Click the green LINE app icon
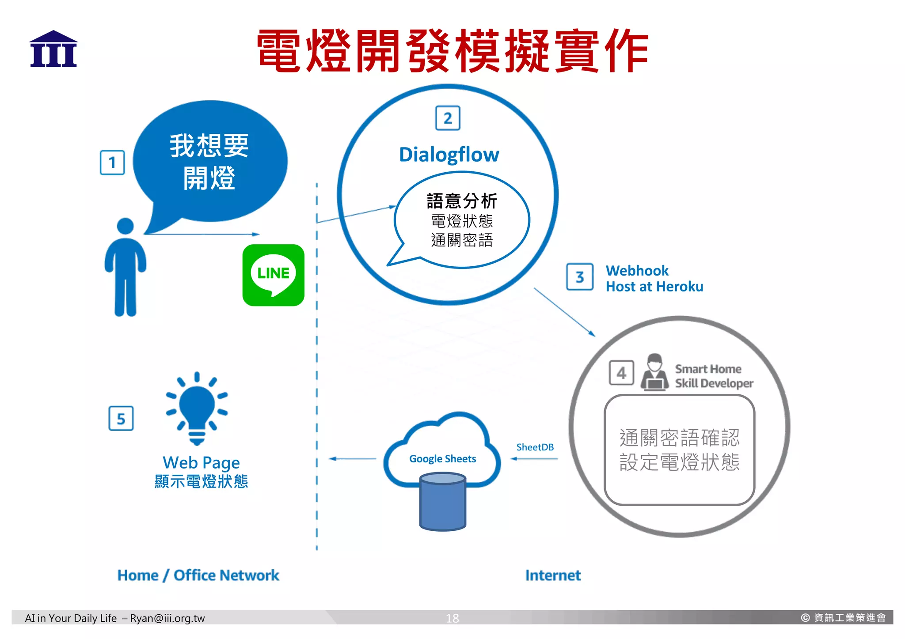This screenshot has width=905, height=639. point(273,275)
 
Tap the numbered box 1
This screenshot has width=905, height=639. point(112,163)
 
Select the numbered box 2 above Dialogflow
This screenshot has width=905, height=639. point(448,118)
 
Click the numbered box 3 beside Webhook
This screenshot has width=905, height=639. point(580,277)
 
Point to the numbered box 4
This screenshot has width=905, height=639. point(621,373)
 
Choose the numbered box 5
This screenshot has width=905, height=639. point(121,418)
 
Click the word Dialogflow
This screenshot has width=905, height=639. point(449,155)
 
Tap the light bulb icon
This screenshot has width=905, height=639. point(197,408)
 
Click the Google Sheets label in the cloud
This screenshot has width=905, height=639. point(442,459)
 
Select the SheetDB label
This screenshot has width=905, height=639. point(535,447)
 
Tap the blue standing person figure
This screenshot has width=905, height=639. point(125,267)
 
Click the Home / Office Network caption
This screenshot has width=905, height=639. point(198,575)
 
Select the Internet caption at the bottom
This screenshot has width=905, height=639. point(553,575)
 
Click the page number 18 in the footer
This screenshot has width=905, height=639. point(452,618)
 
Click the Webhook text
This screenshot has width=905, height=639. point(637,270)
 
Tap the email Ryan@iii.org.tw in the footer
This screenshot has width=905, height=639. point(167,618)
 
